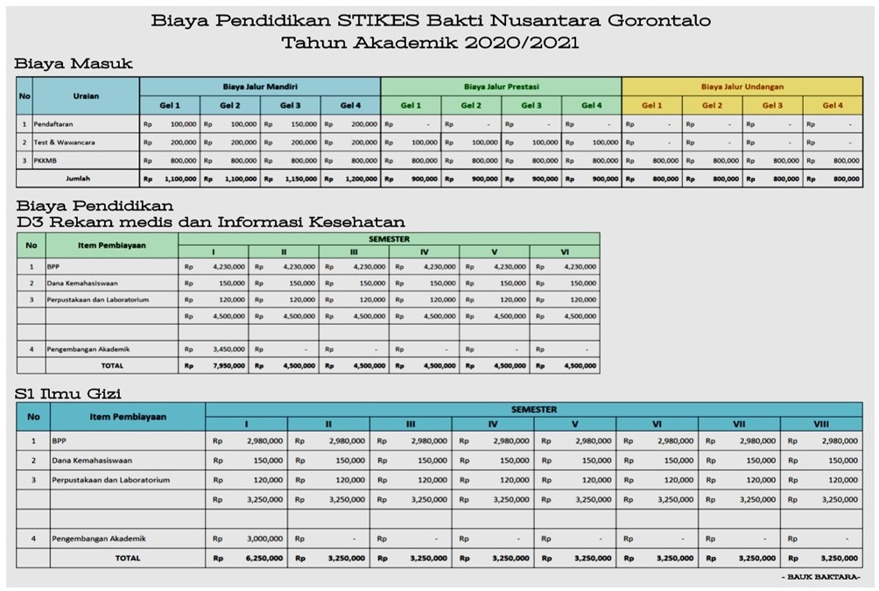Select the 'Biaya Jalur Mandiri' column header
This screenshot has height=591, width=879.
click(260, 87)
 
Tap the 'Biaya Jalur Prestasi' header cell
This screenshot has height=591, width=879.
click(501, 87)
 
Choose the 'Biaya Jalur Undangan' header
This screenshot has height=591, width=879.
click(742, 87)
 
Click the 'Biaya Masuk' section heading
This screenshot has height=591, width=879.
click(74, 63)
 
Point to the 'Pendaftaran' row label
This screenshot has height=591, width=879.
click(54, 124)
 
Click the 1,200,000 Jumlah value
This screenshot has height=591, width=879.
click(357, 179)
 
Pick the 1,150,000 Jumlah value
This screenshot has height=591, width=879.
click(297, 179)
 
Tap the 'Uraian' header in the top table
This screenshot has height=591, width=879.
click(84, 96)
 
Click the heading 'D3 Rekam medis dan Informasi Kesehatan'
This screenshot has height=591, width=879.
click(209, 222)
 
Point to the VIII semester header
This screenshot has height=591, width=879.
click(820, 424)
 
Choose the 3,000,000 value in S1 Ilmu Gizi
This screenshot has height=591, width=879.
click(263, 538)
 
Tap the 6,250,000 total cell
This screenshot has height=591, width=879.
click(263, 557)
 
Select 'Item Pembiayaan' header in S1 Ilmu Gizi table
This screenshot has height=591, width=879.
click(128, 417)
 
